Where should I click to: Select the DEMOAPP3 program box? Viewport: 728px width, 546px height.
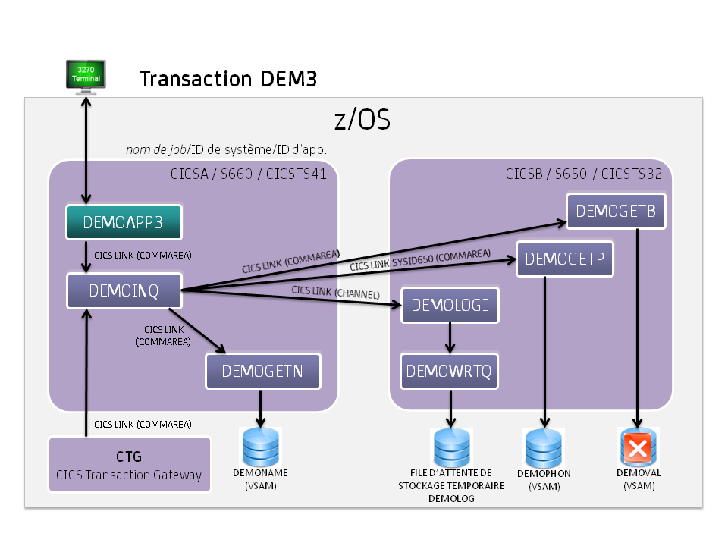coord(124,222)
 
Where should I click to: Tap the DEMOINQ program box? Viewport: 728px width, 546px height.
coord(124,291)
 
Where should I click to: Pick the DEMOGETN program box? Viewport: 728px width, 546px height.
coord(262,371)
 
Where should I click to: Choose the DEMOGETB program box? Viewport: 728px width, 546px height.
coord(616,211)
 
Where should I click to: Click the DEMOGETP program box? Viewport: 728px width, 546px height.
coord(564,259)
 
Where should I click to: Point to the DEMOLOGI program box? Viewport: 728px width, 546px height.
coord(450,305)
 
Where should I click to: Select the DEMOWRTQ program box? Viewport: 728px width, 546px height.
coord(450,371)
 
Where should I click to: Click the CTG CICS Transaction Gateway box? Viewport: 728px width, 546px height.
coord(129,465)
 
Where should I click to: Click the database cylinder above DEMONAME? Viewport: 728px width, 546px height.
coord(262,447)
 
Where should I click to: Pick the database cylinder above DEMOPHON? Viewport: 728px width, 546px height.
coord(544,448)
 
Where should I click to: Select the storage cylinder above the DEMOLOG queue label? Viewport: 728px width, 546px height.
coord(451,447)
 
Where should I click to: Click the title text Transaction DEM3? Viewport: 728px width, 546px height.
coord(228,79)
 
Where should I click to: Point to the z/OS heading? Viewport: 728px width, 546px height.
coord(362,120)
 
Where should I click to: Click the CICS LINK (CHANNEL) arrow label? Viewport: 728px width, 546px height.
coord(335,292)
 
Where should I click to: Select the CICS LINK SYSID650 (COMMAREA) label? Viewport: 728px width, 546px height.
coord(420,260)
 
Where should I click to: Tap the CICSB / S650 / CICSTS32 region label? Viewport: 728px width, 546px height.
coord(584,174)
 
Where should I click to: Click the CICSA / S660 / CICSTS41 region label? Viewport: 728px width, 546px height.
coord(249,174)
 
